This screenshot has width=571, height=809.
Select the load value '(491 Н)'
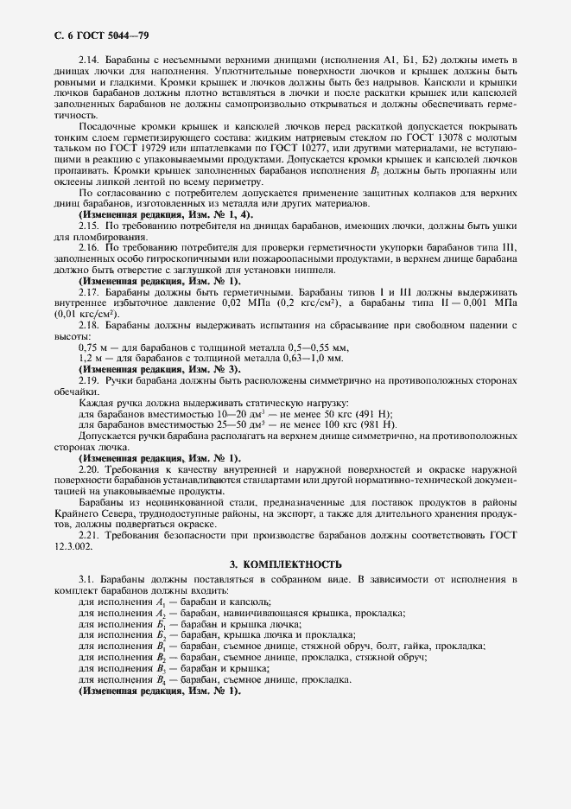(374, 414)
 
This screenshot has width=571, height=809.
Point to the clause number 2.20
(89, 468)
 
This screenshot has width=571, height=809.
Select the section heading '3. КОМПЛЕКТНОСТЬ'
(285, 564)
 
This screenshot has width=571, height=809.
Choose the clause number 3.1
(86, 579)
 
